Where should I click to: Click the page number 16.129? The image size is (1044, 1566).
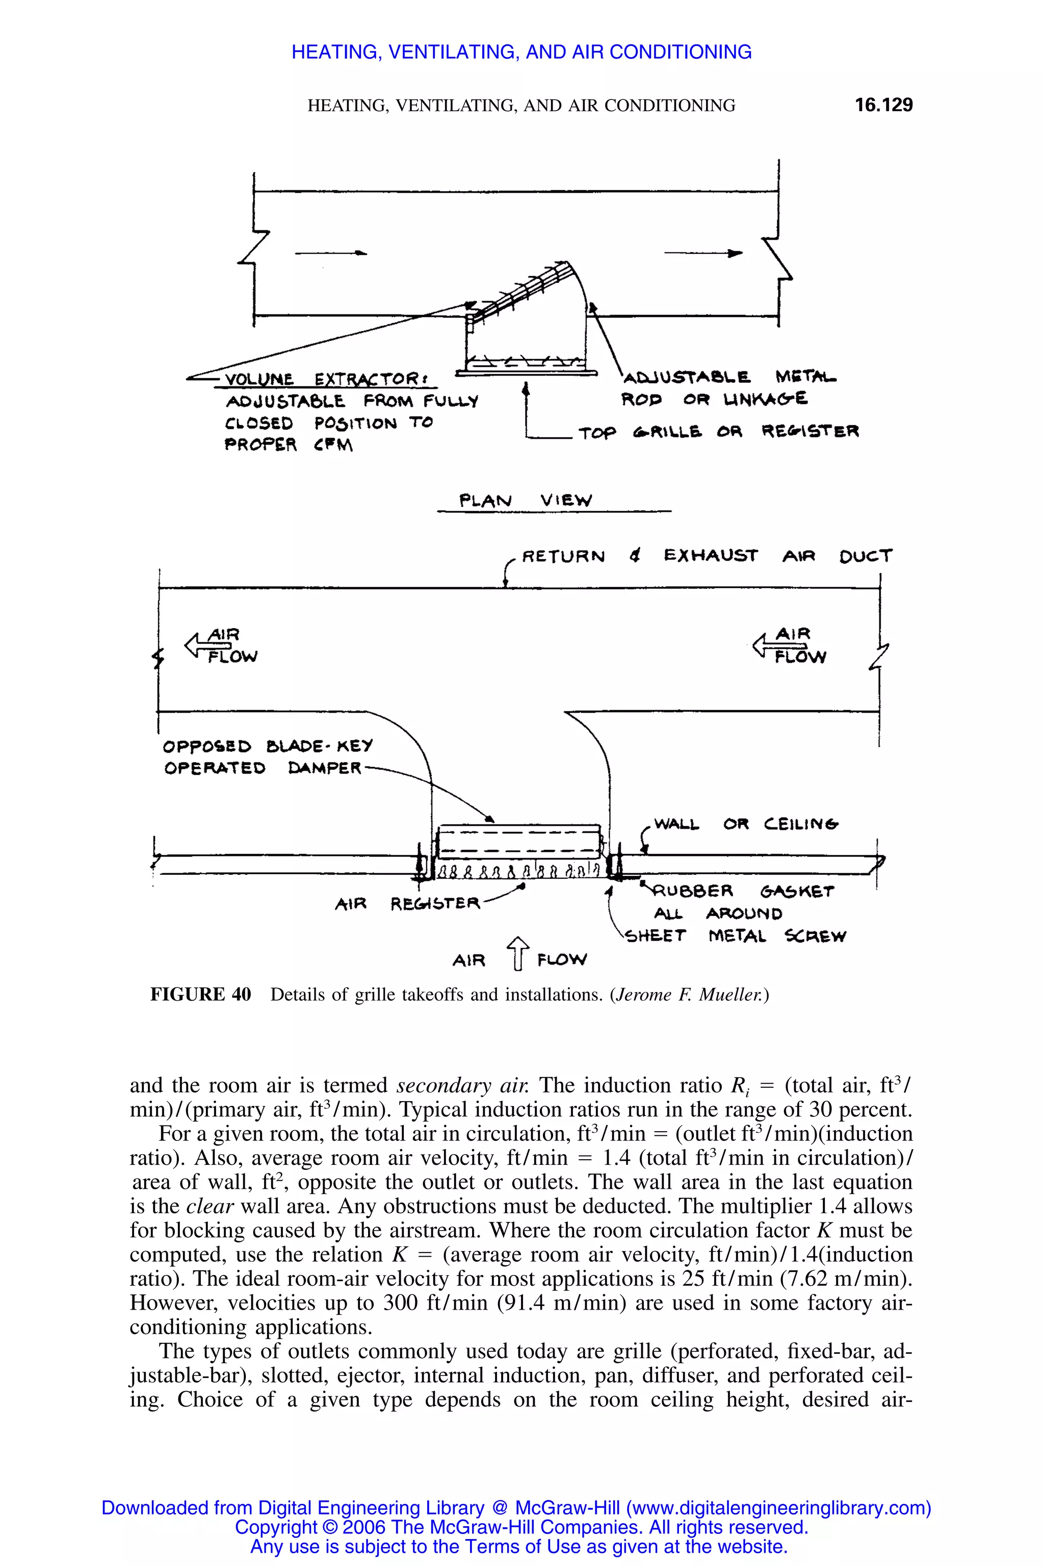click(883, 105)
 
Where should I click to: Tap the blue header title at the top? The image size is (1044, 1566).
click(521, 52)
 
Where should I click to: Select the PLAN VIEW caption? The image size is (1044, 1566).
click(526, 500)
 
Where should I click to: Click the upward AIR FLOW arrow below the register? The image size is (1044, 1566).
click(518, 953)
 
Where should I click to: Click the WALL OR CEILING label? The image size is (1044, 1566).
click(746, 824)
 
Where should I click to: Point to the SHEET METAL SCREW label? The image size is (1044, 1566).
click(736, 936)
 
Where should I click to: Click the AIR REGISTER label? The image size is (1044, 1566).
click(407, 903)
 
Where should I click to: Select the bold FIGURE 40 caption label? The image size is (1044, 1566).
click(200, 995)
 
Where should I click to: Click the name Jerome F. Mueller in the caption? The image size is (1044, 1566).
click(689, 995)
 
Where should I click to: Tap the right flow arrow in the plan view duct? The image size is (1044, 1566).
click(704, 253)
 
